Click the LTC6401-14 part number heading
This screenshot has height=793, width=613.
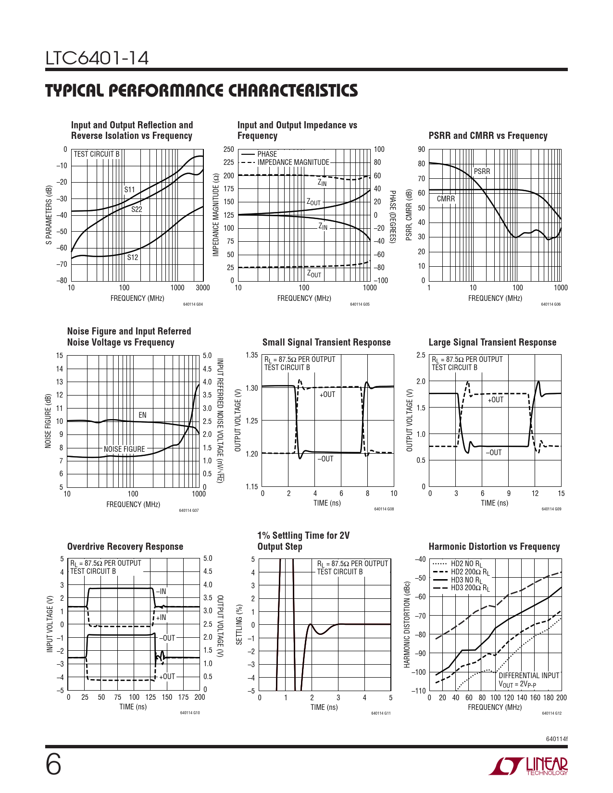coord(97,58)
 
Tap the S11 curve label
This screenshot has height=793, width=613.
coord(130,189)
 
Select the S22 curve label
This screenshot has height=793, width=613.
coord(137,209)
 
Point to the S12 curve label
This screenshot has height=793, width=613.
coord(133,257)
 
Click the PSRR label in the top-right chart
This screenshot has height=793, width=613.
coord(482,171)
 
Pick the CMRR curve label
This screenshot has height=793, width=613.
coord(446,198)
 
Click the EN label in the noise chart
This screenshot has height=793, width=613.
coord(142,415)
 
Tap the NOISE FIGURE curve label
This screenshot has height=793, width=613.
coord(124,449)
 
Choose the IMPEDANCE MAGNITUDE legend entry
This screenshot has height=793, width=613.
coord(293,162)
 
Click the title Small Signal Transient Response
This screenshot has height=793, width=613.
coord(326,342)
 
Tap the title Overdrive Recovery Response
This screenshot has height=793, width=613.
coord(125,546)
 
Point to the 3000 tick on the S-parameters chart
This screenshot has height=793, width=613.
coord(203,288)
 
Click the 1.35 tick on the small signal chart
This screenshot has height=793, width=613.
coord(251,355)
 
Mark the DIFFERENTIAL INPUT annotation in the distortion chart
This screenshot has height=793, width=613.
coord(529,675)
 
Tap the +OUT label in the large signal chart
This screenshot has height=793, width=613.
coord(496,399)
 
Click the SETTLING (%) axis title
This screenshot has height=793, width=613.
coord(239,624)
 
